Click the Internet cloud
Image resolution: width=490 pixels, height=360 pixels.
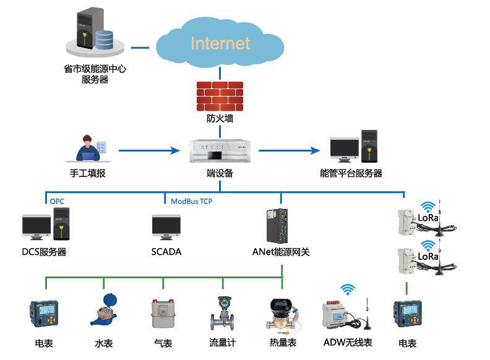220,43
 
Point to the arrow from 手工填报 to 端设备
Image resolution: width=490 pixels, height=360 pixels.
146,150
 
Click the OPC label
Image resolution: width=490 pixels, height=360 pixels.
57,201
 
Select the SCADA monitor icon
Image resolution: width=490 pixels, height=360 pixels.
166,228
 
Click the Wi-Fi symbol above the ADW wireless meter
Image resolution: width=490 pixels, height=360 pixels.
348,289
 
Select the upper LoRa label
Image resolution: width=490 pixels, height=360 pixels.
428,218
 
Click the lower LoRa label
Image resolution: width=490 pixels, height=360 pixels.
428,255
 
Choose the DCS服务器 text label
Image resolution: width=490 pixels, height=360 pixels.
44,252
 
